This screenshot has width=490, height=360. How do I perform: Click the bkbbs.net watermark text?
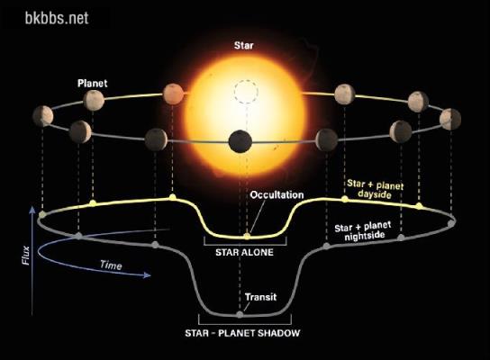click(x=57, y=18)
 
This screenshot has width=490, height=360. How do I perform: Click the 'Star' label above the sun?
click(x=244, y=46)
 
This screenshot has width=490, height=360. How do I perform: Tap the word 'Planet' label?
click(x=93, y=84)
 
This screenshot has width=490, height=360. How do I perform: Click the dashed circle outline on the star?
click(x=246, y=92)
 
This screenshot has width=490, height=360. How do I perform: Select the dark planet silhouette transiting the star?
click(x=240, y=141)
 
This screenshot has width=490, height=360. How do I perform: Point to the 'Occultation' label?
click(x=277, y=194)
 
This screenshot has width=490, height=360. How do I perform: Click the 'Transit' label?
click(x=260, y=297)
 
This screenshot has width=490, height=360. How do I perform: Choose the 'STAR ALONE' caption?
click(x=244, y=252)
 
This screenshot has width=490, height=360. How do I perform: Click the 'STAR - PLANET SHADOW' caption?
click(x=242, y=333)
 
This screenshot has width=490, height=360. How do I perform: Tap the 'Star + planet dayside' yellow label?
click(x=375, y=189)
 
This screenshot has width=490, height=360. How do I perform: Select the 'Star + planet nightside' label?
click(x=363, y=231)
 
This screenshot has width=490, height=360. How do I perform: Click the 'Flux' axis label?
click(x=26, y=256)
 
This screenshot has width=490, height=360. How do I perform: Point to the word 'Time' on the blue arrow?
click(x=111, y=265)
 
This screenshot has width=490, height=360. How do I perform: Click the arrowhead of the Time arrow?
click(x=148, y=275)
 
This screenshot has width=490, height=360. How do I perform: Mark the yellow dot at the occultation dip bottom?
click(x=247, y=236)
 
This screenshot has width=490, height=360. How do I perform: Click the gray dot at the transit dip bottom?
click(x=240, y=314)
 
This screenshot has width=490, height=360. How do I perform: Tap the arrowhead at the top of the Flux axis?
click(x=32, y=210)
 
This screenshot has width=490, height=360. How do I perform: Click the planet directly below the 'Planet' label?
click(x=94, y=100)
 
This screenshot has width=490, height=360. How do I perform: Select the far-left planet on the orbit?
click(x=43, y=116)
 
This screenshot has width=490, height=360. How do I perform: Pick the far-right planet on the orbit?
click(x=450, y=120)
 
